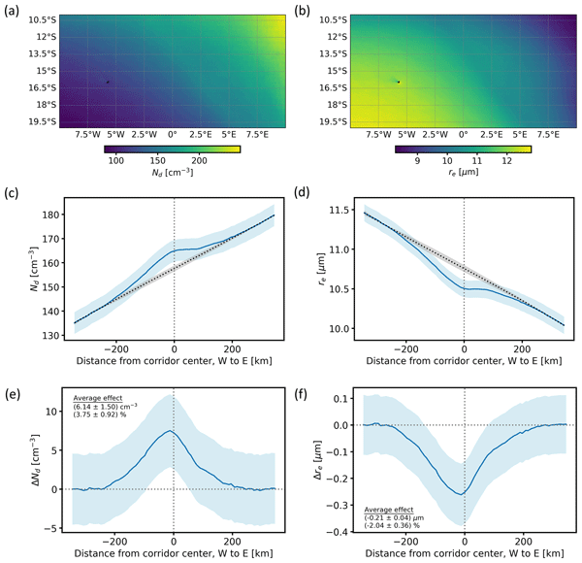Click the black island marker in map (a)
coord(108,82)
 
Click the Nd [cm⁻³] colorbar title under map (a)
coord(171,174)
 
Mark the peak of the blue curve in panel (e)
coord(171,431)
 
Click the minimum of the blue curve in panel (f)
coord(463,493)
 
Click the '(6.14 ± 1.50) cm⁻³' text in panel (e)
coord(108,407)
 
